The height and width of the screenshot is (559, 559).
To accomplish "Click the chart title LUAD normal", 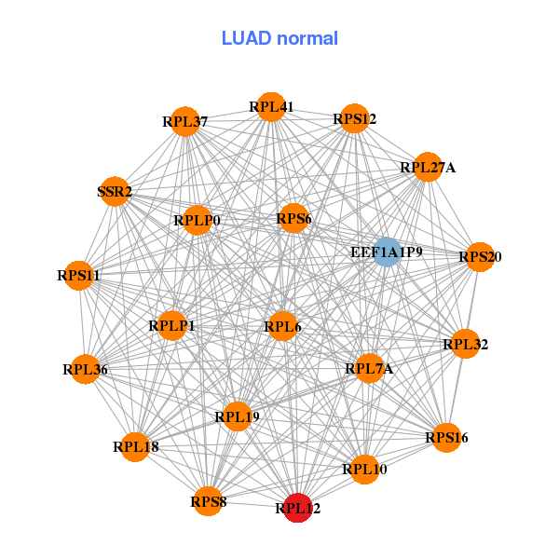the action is point(279,39).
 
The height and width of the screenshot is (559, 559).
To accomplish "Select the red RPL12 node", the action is point(297,508).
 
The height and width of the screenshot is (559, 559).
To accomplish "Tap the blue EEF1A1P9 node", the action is point(387,252).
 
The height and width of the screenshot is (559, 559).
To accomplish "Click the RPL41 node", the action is point(271,107).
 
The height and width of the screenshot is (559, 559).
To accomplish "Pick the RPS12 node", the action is point(353,118).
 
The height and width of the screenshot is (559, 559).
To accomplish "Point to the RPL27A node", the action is point(428,167).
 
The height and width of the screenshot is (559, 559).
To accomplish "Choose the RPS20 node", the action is point(479,256).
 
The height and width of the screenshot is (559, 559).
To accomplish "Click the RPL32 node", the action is point(465,344).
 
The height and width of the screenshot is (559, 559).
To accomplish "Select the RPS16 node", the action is point(446,437).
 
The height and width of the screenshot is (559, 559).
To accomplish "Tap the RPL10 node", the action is point(363,468).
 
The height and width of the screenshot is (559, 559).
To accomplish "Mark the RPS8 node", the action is point(209,501).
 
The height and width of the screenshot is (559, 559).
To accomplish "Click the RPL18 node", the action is point(136,446).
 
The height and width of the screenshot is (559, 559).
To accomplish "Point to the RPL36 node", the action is point(86,369).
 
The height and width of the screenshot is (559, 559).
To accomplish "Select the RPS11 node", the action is point(79,276).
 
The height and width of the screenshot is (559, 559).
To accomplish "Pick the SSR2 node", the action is point(115,192).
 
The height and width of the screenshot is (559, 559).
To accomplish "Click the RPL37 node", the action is point(185,121).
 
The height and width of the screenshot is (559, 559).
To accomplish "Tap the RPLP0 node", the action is point(197,221).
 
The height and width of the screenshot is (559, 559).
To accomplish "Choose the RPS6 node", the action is point(293,219).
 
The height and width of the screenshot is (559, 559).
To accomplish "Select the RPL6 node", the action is point(282,326).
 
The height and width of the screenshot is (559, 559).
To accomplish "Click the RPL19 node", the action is point(237,416).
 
